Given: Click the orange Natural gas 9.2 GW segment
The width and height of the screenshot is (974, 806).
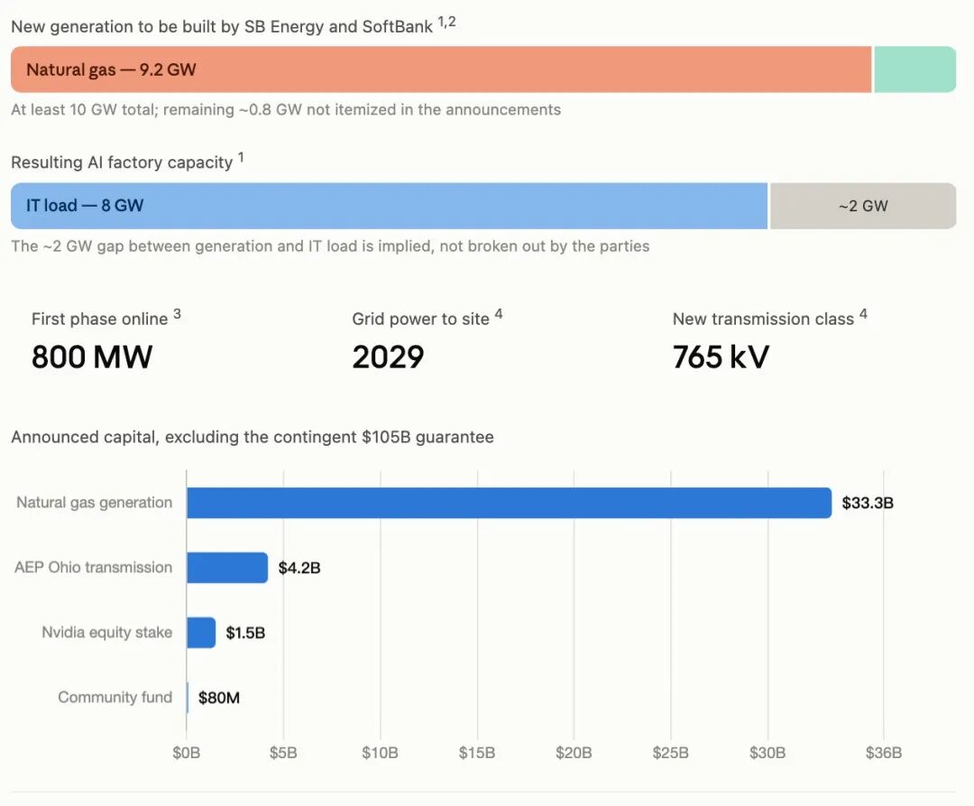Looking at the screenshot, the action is point(441,69).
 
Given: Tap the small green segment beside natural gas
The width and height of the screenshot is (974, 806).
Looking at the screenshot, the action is point(915,69).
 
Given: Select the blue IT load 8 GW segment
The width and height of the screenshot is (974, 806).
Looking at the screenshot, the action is point(390,206).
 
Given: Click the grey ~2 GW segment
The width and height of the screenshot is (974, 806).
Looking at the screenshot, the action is point(863,206).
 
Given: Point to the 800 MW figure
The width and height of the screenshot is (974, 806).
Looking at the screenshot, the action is point(92,357).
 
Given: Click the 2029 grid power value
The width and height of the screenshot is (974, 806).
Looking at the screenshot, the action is point(388,357).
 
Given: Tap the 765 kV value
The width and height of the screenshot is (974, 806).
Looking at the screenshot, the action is point(721,357).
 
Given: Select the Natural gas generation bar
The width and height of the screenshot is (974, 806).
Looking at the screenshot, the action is point(510,503).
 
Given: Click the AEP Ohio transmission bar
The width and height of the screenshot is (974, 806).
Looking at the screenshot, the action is point(227,568).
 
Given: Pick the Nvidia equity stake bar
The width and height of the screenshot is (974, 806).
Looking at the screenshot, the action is point(201,633).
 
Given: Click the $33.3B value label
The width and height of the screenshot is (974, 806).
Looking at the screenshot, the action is point(868,503).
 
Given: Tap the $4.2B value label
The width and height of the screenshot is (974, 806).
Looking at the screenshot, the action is point(299,568).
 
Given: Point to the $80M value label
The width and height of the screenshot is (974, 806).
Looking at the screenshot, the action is point(219,698).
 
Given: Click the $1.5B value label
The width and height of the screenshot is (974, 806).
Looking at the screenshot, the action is point(245,633).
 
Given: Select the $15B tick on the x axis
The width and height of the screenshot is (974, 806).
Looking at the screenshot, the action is point(477,753).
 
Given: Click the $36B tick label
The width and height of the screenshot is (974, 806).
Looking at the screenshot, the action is point(884,753).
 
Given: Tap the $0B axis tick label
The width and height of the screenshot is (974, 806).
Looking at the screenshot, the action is point(187,753).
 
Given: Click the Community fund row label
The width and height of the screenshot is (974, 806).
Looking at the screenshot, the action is point(115,698).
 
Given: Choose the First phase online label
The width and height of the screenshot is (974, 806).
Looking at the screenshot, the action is point(100,319).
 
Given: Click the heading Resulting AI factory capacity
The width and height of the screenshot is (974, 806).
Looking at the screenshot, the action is point(122,162).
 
